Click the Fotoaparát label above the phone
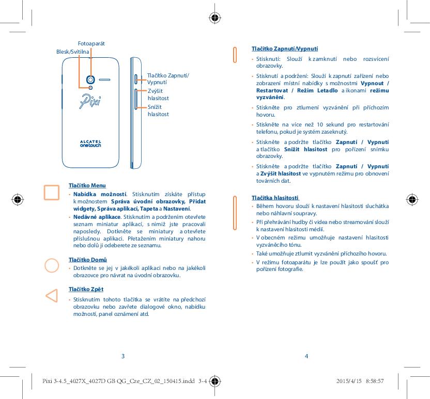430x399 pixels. [91, 44]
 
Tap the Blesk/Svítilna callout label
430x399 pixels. [72, 52]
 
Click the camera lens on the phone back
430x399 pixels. [91, 79]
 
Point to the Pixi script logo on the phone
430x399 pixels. [90, 100]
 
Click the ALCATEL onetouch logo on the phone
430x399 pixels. [90, 143]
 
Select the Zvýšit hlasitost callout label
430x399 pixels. [158, 94]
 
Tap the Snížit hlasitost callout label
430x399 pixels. [158, 110]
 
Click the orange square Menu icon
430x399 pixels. [52, 192]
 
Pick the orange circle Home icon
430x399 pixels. [52, 265]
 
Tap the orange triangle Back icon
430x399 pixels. [51, 296]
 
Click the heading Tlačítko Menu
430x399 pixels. [87, 185]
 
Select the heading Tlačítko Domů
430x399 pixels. [88, 259]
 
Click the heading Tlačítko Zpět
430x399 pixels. [86, 289]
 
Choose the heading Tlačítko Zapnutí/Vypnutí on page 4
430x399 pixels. [284, 49]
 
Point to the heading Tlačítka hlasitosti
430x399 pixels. [275, 198]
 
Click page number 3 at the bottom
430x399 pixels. [122, 356]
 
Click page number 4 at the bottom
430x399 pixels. [306, 356]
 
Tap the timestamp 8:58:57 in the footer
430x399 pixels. [374, 381]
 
